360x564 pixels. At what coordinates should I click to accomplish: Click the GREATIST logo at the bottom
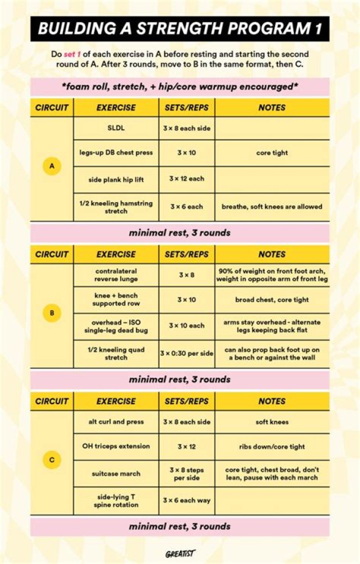180,553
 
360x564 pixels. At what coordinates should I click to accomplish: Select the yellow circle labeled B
52,313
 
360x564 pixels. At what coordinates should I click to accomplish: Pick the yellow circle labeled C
52,460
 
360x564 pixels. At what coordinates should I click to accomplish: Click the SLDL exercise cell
116,128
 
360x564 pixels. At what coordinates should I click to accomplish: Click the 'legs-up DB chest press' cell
116,153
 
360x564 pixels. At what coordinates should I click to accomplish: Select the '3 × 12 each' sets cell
186,179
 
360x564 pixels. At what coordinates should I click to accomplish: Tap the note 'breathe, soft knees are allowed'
272,206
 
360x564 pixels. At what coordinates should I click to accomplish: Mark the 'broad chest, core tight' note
272,300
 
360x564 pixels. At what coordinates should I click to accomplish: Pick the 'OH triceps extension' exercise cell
116,446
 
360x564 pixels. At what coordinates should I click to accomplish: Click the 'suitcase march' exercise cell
116,473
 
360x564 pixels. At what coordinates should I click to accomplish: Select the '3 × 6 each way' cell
186,500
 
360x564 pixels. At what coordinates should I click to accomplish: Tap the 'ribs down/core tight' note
272,446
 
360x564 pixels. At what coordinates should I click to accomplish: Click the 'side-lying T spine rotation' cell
116,500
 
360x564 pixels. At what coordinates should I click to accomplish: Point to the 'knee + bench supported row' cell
116,300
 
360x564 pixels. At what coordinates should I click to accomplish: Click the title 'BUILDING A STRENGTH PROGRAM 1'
180,29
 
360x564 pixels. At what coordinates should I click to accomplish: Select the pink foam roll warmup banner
180,87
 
